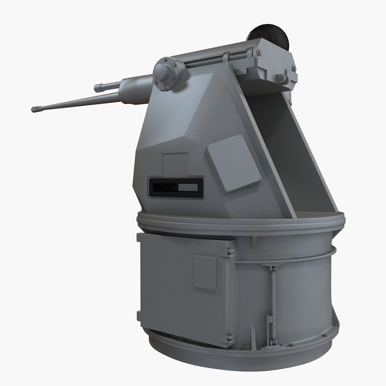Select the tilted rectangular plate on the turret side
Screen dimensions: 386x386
click(x=233, y=163)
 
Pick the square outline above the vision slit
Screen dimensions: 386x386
click(x=175, y=164)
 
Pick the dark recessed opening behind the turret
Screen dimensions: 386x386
click(x=286, y=150)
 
